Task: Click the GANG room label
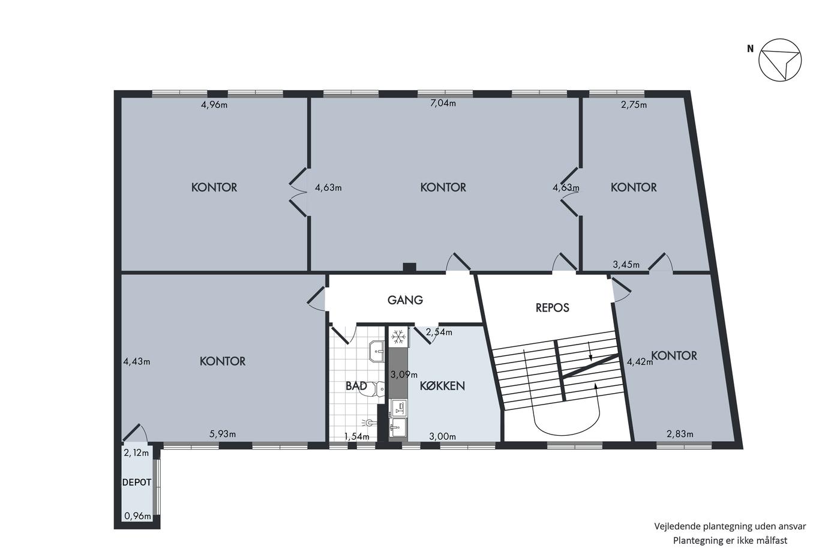pyautogui.click(x=405, y=300)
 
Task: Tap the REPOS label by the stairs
pyautogui.click(x=553, y=307)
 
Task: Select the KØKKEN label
pyautogui.click(x=442, y=385)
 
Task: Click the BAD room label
pyautogui.click(x=356, y=385)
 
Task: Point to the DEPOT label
pyautogui.click(x=137, y=483)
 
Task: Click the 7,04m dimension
pyautogui.click(x=443, y=103)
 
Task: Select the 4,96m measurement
pyautogui.click(x=214, y=104)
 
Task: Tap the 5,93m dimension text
pyautogui.click(x=223, y=434)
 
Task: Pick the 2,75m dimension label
pyautogui.click(x=634, y=104)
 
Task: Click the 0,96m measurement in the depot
pyautogui.click(x=137, y=516)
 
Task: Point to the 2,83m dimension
pyautogui.click(x=680, y=434)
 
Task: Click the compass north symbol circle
pyautogui.click(x=780, y=60)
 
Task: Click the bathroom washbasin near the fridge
pyautogui.click(x=377, y=351)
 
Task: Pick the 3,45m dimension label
pyautogui.click(x=626, y=265)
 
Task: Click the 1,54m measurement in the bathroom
pyautogui.click(x=356, y=436)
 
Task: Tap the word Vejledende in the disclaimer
pyautogui.click(x=677, y=526)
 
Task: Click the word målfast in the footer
pyautogui.click(x=773, y=541)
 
